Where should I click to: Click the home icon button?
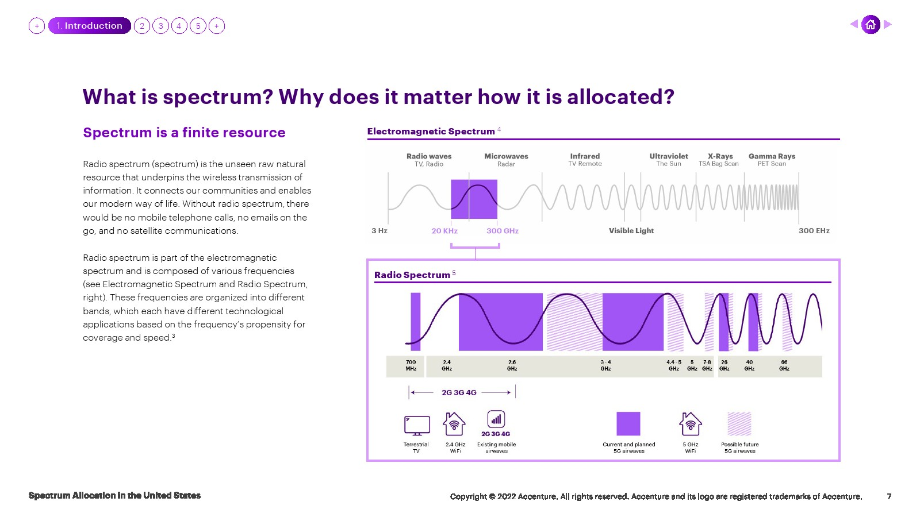[871, 25]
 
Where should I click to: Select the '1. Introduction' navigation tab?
[90, 25]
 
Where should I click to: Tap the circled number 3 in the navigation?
[160, 26]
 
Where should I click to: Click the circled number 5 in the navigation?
[198, 26]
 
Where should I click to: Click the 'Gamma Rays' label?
[772, 156]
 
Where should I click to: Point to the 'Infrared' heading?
[585, 156]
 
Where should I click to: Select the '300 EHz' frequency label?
[814, 230]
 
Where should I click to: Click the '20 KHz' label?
[444, 230]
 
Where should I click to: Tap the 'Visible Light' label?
[631, 230]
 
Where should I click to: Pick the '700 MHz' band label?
[411, 365]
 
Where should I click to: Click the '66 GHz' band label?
[784, 365]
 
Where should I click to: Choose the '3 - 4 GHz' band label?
[605, 365]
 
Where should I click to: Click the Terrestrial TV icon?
[417, 426]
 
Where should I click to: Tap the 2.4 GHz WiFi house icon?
[454, 424]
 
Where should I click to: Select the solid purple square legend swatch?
[628, 424]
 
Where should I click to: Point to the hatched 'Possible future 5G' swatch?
[739, 424]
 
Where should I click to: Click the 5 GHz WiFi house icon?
[691, 424]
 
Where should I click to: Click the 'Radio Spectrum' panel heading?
[412, 275]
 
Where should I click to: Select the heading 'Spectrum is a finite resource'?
[184, 133]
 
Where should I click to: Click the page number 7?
[889, 496]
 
